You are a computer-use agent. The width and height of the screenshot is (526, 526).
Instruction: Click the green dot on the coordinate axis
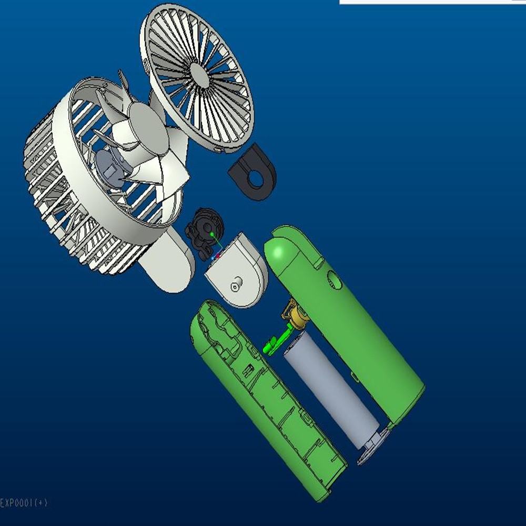click(211, 234)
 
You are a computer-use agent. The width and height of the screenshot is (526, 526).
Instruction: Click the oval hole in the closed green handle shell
click(333, 279)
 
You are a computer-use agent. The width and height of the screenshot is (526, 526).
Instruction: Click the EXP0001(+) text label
click(24, 503)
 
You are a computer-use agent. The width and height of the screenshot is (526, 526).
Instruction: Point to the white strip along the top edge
click(431, 2)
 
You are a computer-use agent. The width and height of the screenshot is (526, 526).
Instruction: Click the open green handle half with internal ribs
click(263, 400)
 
